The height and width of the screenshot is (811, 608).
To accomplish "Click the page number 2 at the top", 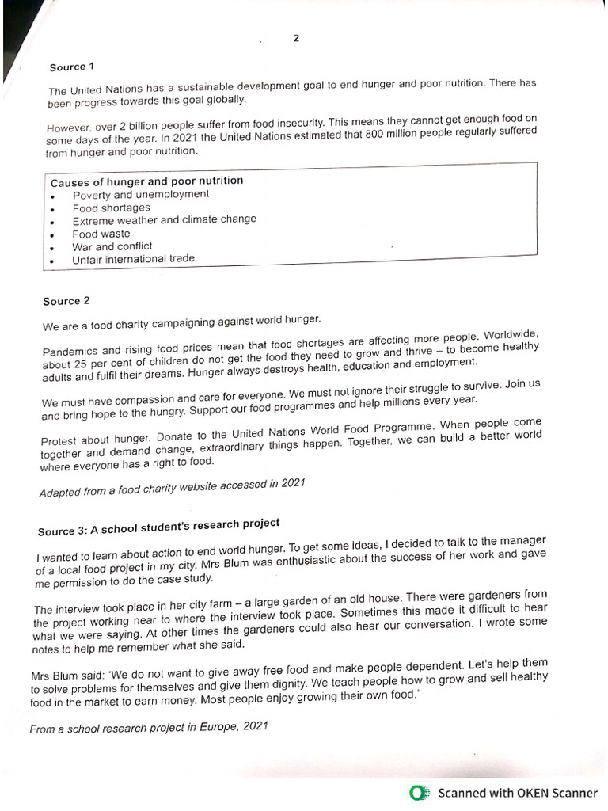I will (296, 38).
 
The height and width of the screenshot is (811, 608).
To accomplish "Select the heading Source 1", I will (67, 67).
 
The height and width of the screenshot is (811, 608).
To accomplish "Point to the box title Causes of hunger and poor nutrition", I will (146, 181).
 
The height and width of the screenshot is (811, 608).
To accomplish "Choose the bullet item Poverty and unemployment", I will (141, 195).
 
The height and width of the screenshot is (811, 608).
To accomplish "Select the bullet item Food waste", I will (101, 234).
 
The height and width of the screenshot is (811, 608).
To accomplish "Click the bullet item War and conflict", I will (112, 246).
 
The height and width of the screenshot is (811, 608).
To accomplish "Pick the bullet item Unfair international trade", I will (133, 259).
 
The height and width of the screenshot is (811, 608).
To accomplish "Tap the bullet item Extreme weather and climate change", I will (164, 220).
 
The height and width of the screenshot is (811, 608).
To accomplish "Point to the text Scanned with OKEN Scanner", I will (518, 793).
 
